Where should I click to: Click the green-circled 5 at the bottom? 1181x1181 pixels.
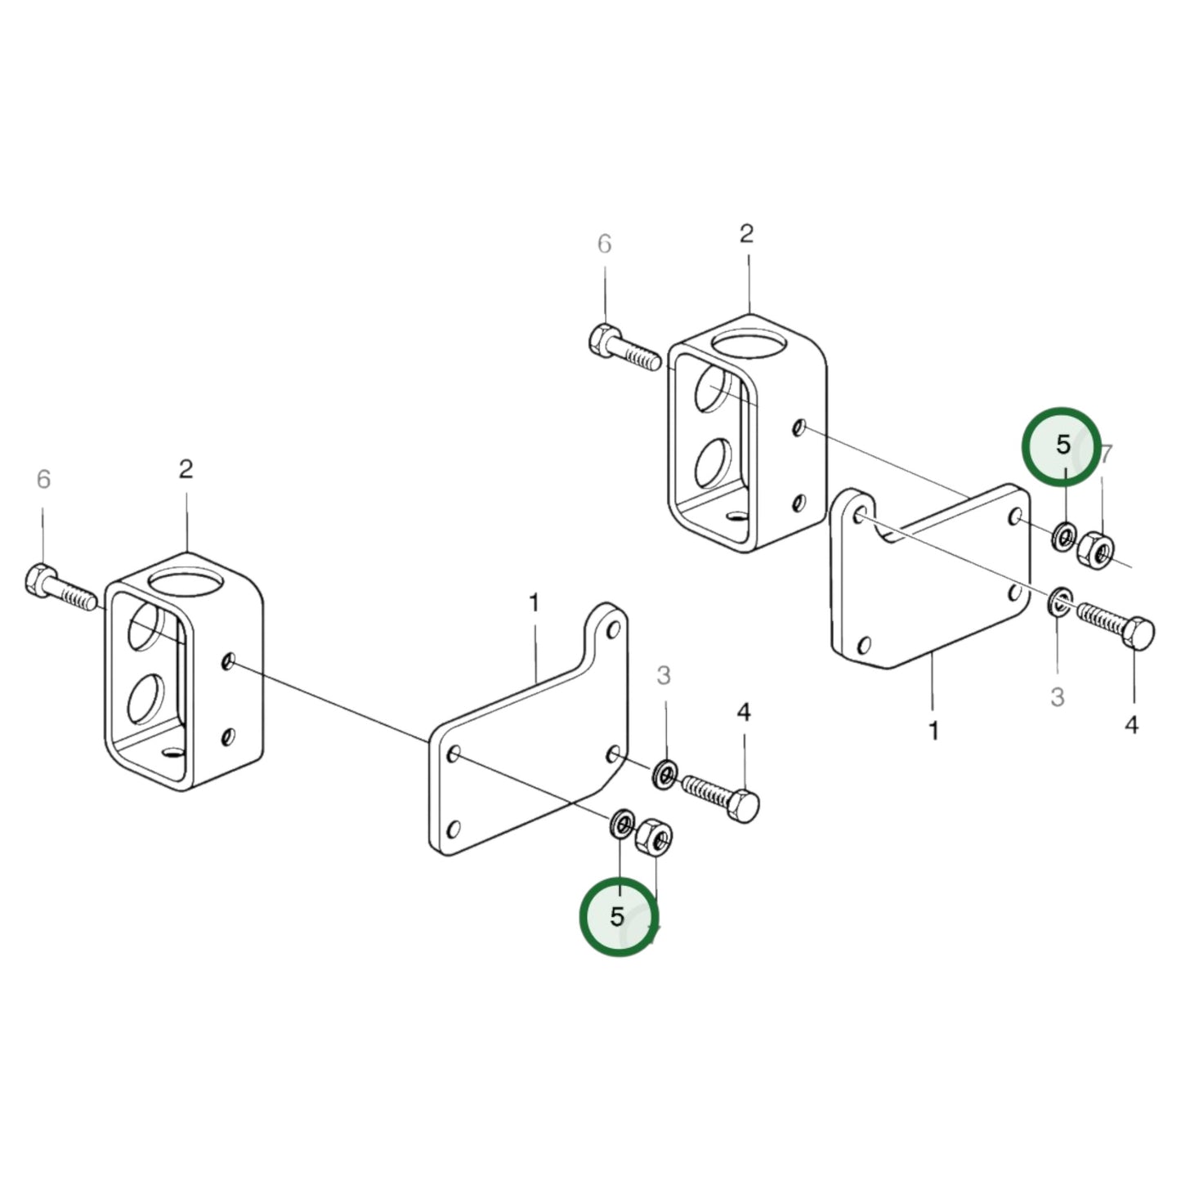pos(617,915)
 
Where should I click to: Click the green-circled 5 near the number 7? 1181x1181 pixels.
pos(1062,445)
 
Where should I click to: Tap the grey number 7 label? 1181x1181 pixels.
pos(1106,454)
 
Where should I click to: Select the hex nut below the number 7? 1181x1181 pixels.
pos(1095,549)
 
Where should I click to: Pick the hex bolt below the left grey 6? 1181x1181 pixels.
pos(61,590)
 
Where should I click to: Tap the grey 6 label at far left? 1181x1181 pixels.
pos(43,479)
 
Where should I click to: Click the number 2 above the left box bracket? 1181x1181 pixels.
pos(186,469)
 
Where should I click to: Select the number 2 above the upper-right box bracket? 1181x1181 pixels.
pos(746,234)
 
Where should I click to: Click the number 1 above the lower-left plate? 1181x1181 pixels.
pos(534,603)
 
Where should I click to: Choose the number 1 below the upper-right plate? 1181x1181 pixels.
pos(933,730)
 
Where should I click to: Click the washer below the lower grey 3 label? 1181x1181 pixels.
pos(664,772)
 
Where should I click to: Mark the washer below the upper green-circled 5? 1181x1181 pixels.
pos(1063,536)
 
